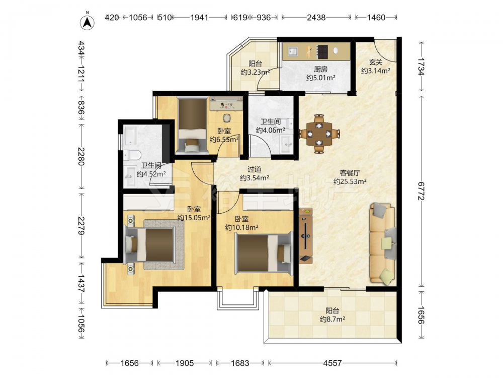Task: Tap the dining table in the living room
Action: [x=319, y=134]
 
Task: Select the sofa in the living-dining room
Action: [x=383, y=244]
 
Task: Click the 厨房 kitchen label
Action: [x=320, y=69]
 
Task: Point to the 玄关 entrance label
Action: [x=376, y=62]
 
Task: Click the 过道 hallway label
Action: [x=255, y=169]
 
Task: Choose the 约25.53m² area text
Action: [x=350, y=181]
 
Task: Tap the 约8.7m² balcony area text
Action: [x=332, y=319]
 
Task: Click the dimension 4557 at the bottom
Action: [x=332, y=363]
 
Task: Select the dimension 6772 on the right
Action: [x=422, y=191]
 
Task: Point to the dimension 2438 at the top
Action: [x=316, y=17]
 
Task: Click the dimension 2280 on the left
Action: [x=81, y=156]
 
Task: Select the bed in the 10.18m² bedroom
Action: [x=264, y=254]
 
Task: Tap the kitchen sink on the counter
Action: [x=293, y=51]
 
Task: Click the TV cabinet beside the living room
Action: [x=306, y=235]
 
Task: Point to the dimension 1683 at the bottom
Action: [x=240, y=363]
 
